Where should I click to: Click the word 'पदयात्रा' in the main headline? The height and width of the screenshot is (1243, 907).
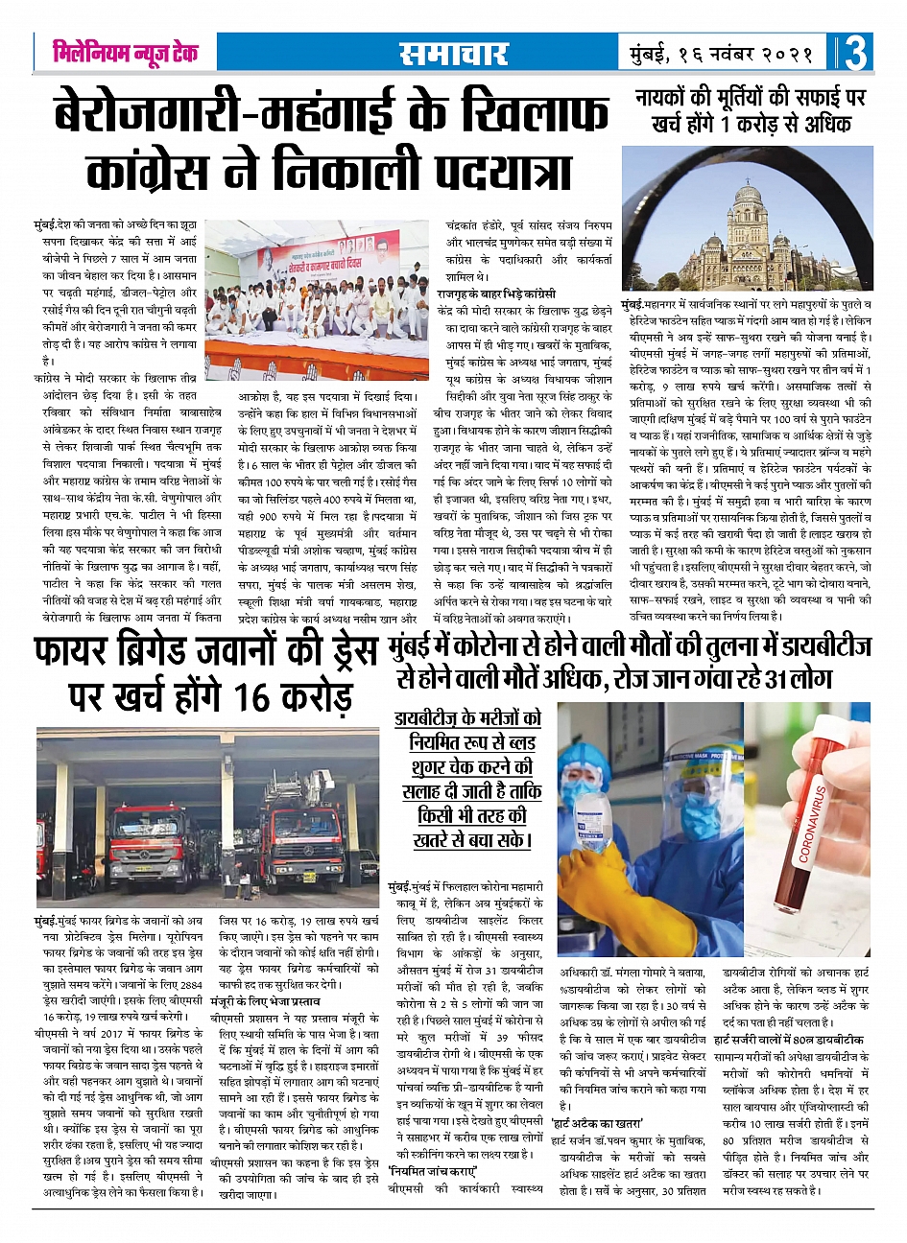(498, 171)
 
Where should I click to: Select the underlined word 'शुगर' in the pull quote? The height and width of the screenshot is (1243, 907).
(430, 766)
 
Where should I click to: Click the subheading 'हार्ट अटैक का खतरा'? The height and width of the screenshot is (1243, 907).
(596, 1122)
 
